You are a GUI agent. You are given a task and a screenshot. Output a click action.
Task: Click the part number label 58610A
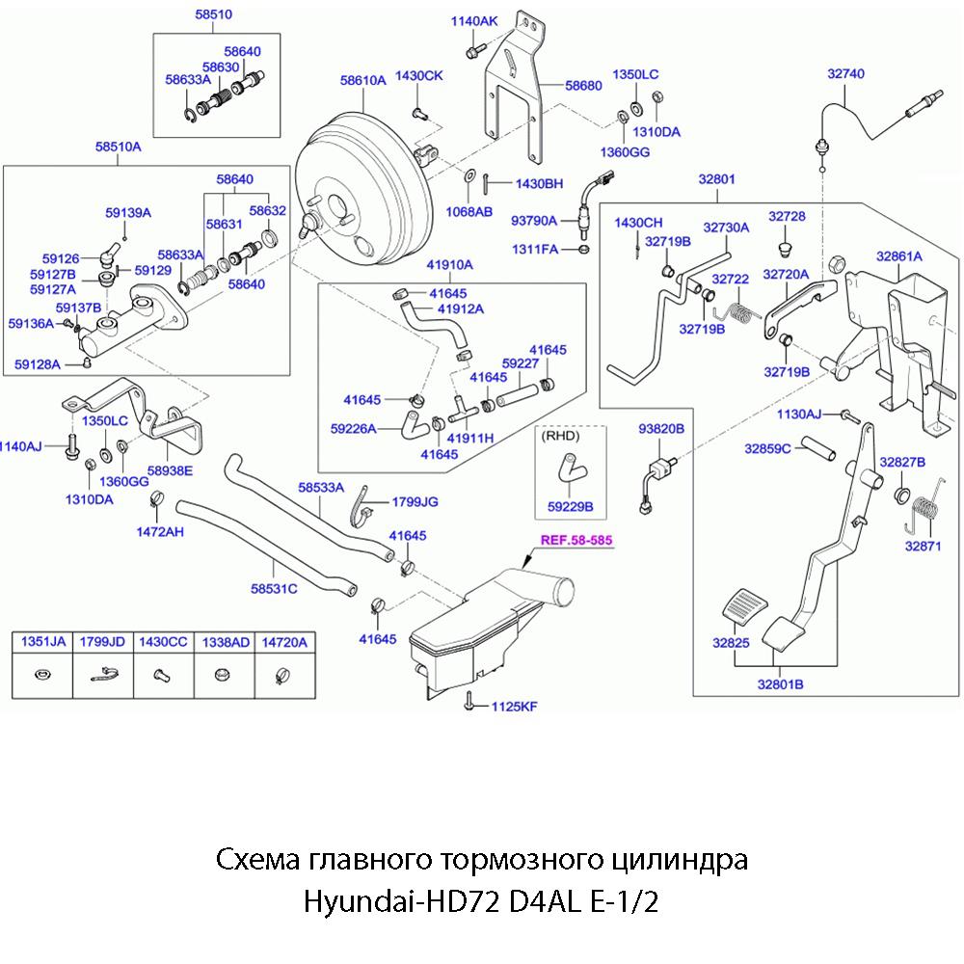click(x=362, y=81)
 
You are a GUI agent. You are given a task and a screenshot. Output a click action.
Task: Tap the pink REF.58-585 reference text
click(x=576, y=541)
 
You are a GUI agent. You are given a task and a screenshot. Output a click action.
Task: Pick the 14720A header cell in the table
click(x=283, y=641)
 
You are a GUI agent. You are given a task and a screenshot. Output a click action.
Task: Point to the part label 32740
click(x=846, y=72)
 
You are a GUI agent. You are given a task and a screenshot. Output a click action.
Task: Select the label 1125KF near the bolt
click(x=514, y=706)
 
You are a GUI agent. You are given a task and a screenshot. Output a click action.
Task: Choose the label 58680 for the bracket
click(x=584, y=86)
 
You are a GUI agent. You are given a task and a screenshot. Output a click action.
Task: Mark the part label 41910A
click(x=449, y=264)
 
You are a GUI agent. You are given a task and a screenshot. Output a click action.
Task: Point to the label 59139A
click(x=128, y=211)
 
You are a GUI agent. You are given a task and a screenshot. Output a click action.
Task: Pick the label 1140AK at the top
click(x=475, y=21)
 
